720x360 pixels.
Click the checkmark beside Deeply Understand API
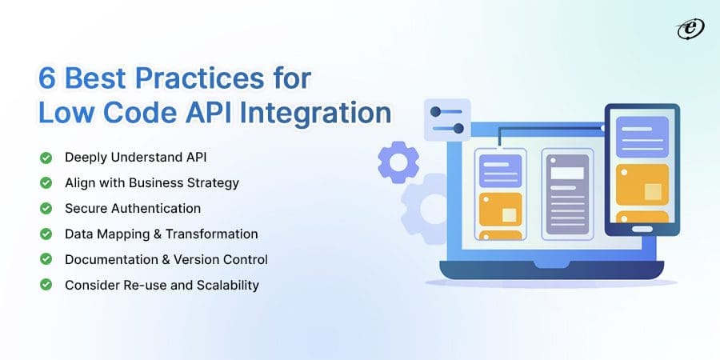(x=47, y=157)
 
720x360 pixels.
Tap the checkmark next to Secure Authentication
(x=47, y=208)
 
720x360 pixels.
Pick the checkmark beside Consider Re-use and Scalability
(x=47, y=285)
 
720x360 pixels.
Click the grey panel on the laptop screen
(x=566, y=194)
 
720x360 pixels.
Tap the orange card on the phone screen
(x=642, y=191)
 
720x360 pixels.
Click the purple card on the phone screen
(x=642, y=136)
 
